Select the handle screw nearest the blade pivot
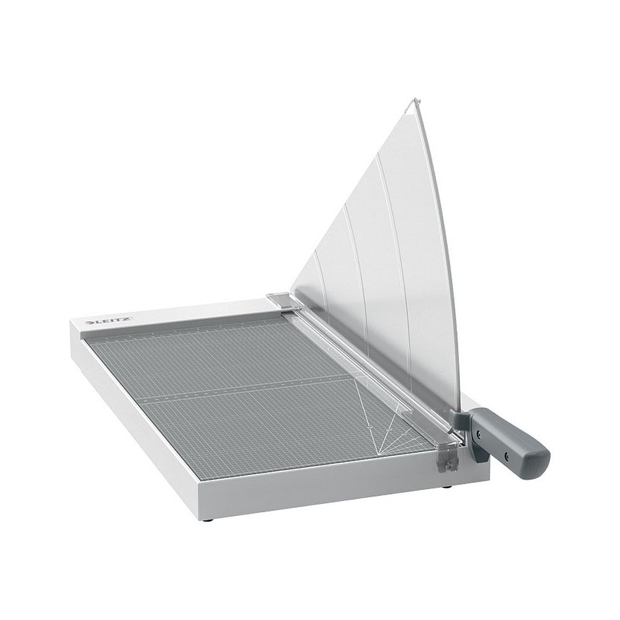click(479, 434)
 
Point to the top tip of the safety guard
click(414, 100)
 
